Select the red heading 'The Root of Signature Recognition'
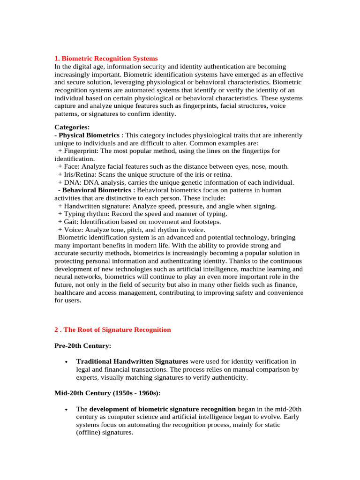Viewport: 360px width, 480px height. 117,330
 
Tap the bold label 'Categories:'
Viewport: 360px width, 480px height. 72,127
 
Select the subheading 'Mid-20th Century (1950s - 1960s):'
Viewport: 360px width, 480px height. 108,393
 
